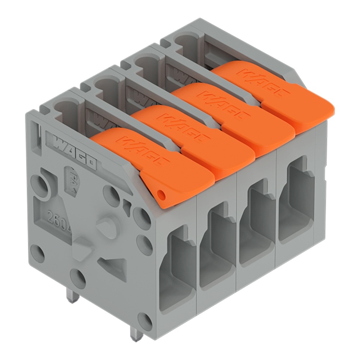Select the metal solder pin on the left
pyautogui.click(x=73, y=296)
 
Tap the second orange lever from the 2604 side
pyautogui.click(x=194, y=140)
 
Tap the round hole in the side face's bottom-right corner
pyautogui.click(x=145, y=319)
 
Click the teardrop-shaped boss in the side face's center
pyautogui.click(x=108, y=226)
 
